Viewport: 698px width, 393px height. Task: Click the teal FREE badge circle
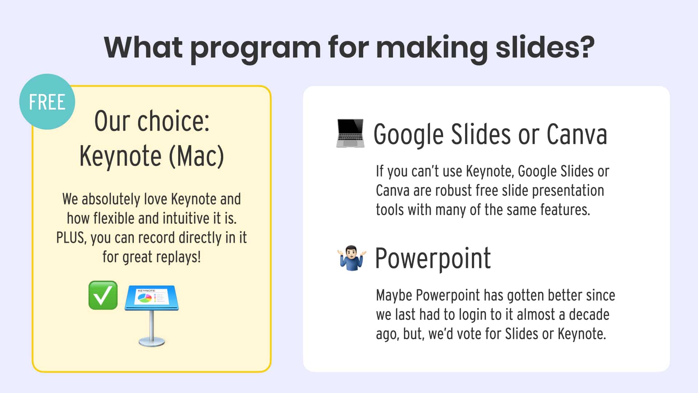47,102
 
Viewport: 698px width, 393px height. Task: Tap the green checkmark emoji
103,295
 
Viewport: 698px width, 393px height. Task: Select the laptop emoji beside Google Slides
350,133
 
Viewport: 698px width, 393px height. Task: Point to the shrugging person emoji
351,258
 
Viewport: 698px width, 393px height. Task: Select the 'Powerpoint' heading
433,258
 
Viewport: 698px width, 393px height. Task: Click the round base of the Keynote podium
152,342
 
